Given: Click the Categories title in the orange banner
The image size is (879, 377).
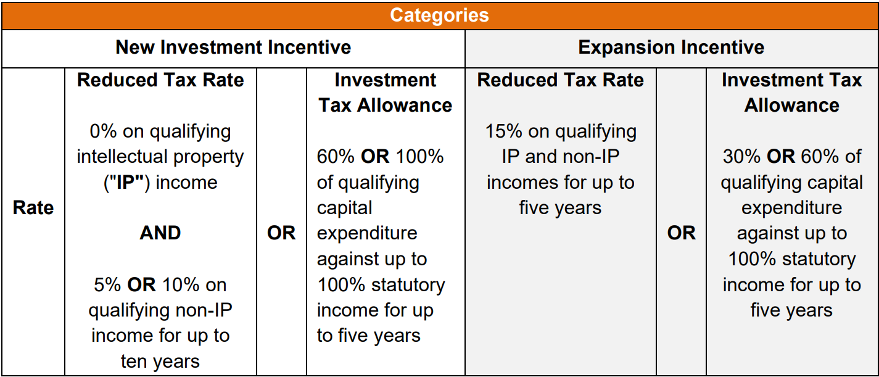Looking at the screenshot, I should [x=439, y=15].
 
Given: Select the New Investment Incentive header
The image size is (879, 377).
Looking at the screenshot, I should [x=233, y=48].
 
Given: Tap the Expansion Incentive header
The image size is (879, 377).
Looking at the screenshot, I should [x=671, y=48].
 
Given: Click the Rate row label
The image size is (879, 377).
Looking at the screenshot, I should [x=33, y=208].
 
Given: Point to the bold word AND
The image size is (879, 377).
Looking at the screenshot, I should [x=160, y=233].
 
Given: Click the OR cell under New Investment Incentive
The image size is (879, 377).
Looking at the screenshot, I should [x=281, y=233].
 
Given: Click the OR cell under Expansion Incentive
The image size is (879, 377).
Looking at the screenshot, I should [x=681, y=233].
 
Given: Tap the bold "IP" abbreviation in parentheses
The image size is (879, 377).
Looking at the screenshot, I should [x=125, y=183].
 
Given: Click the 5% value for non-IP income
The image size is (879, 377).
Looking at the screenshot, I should [x=106, y=285].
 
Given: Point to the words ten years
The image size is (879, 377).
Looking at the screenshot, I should [x=160, y=361].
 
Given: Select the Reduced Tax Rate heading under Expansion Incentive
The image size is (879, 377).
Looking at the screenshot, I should [x=560, y=80].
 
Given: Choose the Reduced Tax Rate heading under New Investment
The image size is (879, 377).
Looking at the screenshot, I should [x=160, y=80].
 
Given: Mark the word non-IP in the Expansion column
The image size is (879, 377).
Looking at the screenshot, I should [x=588, y=157].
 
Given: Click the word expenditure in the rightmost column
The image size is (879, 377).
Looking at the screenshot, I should [x=791, y=208].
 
